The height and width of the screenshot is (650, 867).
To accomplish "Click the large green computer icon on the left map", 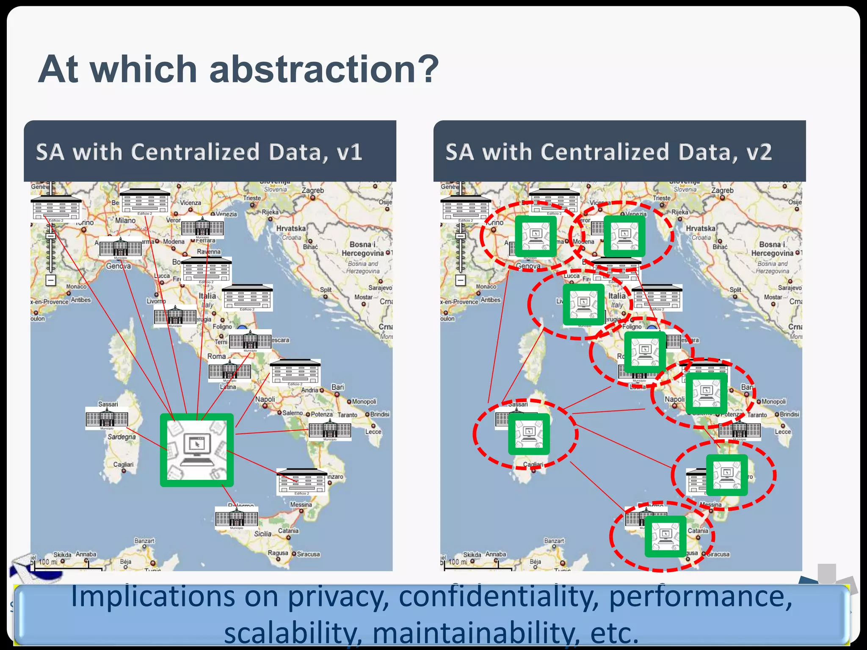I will pyautogui.click(x=196, y=450).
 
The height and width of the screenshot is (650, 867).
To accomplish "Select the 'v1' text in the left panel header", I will pyautogui.click(x=350, y=152).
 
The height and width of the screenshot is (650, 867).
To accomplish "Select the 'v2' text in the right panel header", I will pyautogui.click(x=759, y=152).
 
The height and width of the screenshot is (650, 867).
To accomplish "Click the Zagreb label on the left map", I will pyautogui.click(x=312, y=191).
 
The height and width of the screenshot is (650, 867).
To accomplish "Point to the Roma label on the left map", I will pyautogui.click(x=216, y=356).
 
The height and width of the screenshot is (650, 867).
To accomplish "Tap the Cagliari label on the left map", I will pyautogui.click(x=123, y=464).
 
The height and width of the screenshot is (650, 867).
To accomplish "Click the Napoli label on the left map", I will pyautogui.click(x=265, y=399).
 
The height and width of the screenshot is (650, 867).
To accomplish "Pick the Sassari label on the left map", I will pyautogui.click(x=108, y=404).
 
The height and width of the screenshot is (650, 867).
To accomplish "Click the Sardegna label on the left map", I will pyautogui.click(x=121, y=437).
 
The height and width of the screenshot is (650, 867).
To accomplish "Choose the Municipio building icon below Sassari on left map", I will pyautogui.click(x=107, y=419).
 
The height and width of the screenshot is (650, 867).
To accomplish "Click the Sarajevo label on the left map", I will pyautogui.click(x=380, y=288).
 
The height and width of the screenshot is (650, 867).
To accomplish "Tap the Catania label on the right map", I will pyautogui.click(x=698, y=531).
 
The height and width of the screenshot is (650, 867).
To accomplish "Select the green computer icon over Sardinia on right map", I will pyautogui.click(x=529, y=434).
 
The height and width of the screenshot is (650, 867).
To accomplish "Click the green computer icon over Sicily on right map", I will pyautogui.click(x=665, y=536).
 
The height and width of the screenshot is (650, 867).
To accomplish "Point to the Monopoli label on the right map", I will pyautogui.click(x=773, y=402).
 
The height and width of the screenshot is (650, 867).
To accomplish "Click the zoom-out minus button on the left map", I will pyautogui.click(x=51, y=280).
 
